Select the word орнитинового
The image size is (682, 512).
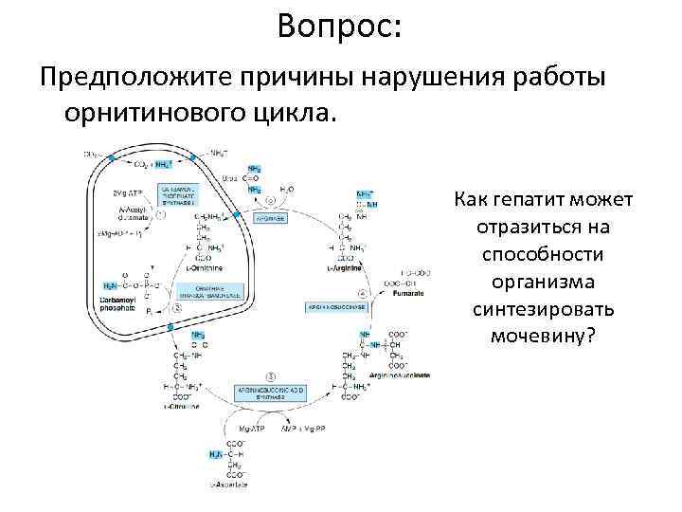(144, 114)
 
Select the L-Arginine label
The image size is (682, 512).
(345, 268)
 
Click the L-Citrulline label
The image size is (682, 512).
(180, 406)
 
